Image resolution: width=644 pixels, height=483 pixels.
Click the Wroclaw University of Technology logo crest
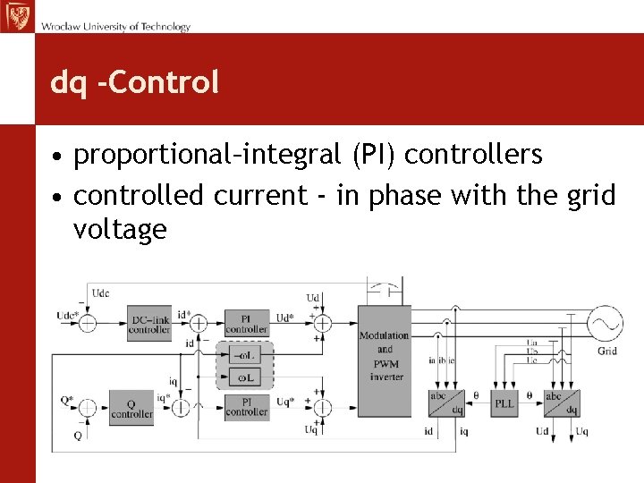click(x=16, y=15)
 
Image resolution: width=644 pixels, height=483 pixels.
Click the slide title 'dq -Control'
click(x=134, y=82)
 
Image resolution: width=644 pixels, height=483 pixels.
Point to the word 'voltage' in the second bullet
click(x=120, y=230)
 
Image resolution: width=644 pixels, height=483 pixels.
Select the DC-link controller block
click(x=149, y=324)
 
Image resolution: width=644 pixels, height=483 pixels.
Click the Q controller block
click(x=131, y=407)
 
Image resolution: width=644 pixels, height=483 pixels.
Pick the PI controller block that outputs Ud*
click(x=245, y=323)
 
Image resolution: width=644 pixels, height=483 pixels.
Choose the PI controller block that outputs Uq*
click(x=245, y=407)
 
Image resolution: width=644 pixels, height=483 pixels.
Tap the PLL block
click(x=504, y=404)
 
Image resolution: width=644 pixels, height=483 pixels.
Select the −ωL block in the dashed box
click(x=245, y=356)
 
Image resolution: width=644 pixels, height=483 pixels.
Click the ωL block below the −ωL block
click(x=245, y=377)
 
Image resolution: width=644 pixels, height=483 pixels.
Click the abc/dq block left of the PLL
click(x=445, y=404)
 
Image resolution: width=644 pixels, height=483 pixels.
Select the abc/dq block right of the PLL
click(x=561, y=404)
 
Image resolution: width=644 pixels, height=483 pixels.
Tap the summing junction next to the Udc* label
click(x=88, y=323)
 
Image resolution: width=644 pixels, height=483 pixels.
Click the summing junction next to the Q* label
click(x=88, y=407)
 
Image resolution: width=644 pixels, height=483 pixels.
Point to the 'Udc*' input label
click(x=65, y=316)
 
